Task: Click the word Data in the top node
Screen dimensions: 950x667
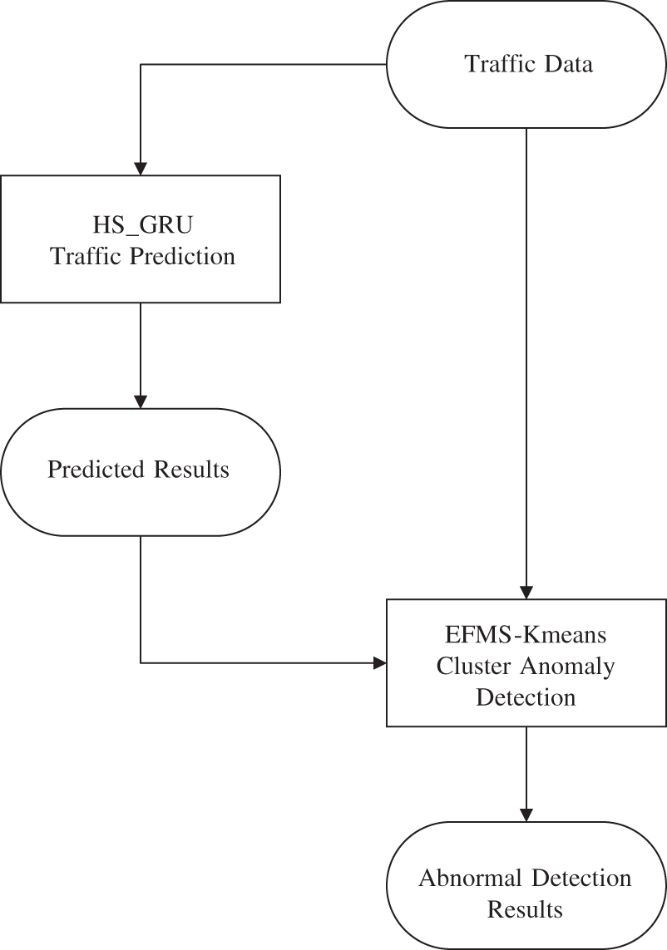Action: tap(568, 64)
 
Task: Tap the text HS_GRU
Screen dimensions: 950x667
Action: tap(141, 224)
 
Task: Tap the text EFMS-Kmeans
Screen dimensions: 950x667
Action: tap(526, 636)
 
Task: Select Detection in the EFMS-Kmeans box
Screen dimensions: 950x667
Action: tap(526, 697)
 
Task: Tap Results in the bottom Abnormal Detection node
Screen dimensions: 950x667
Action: tap(526, 909)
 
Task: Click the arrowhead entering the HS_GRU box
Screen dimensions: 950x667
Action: tap(141, 167)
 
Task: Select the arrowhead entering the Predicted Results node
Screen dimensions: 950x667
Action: tap(141, 401)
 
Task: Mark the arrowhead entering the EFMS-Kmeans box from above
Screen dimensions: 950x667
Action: tap(526, 592)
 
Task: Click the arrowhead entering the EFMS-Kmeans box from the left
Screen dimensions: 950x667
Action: tap(379, 662)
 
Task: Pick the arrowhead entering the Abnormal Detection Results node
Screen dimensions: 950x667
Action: tap(526, 814)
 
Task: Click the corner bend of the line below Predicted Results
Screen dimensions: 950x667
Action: tap(141, 662)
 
